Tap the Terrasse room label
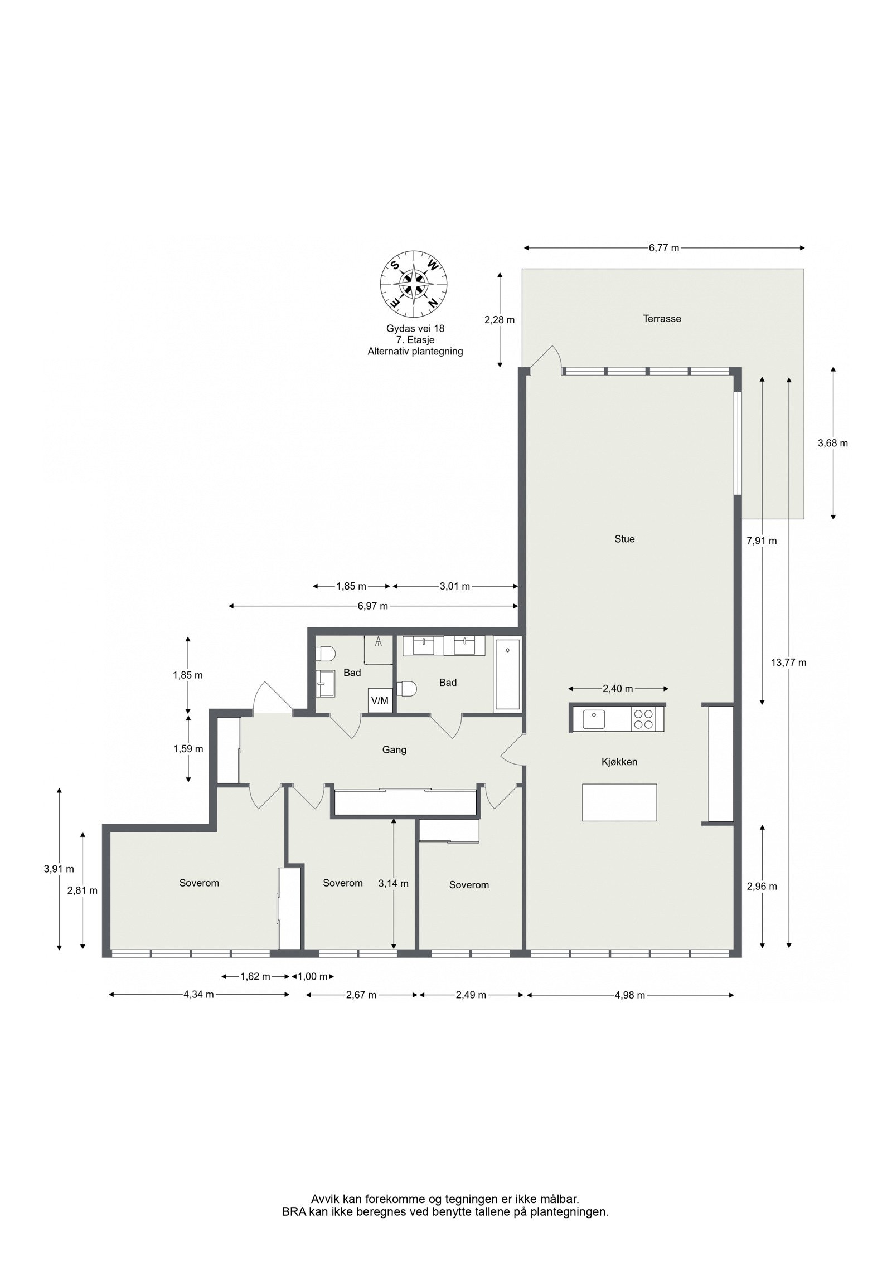point(662,319)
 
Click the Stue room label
point(624,539)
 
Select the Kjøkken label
point(619,762)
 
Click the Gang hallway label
point(394,750)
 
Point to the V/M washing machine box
point(379,700)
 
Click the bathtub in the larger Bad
point(507,675)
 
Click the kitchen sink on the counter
point(594,719)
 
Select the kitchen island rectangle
point(619,802)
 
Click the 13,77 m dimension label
point(788,663)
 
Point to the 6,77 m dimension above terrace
point(663,249)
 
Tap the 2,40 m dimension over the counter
point(618,689)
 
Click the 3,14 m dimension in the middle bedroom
point(393,884)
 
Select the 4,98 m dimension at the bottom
point(629,995)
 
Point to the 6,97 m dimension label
point(372,606)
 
